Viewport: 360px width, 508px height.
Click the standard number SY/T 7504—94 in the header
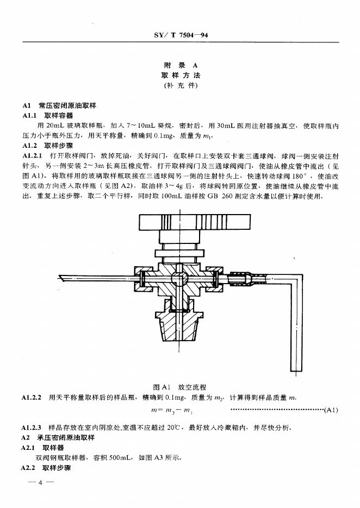point(179,36)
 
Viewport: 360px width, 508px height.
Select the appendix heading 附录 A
point(180,65)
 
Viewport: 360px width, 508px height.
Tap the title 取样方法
point(180,76)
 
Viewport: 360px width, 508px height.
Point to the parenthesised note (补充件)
point(180,86)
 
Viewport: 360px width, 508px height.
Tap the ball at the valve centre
point(179,278)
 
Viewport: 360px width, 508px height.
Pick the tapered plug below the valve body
point(179,335)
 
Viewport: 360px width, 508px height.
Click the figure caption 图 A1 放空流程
point(180,387)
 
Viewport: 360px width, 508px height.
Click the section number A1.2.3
point(34,428)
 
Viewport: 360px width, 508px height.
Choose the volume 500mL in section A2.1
point(111,457)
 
